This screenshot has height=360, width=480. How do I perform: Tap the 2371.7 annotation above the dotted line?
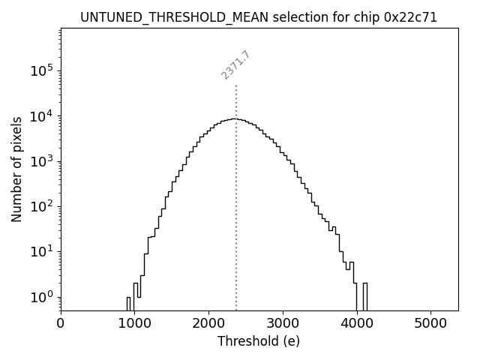235,65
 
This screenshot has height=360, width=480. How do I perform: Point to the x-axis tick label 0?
61,324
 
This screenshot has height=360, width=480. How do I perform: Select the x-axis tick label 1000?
134,324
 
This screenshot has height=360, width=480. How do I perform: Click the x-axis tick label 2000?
208,324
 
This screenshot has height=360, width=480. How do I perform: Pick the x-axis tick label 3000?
283,324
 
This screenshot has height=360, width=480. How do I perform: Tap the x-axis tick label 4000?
356,324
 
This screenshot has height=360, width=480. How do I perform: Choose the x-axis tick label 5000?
430,324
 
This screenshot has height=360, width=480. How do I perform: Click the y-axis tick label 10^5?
42,71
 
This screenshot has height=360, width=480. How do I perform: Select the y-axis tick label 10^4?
42,116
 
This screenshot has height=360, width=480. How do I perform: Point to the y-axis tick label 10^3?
42,161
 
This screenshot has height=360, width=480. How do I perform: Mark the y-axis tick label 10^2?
42,207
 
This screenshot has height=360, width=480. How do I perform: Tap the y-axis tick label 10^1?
42,252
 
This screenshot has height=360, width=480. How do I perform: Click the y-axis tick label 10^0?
42,297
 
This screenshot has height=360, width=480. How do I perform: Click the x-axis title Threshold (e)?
259,341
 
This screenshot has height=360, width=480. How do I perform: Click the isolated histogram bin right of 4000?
365,296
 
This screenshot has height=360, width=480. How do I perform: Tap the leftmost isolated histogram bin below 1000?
128,303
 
